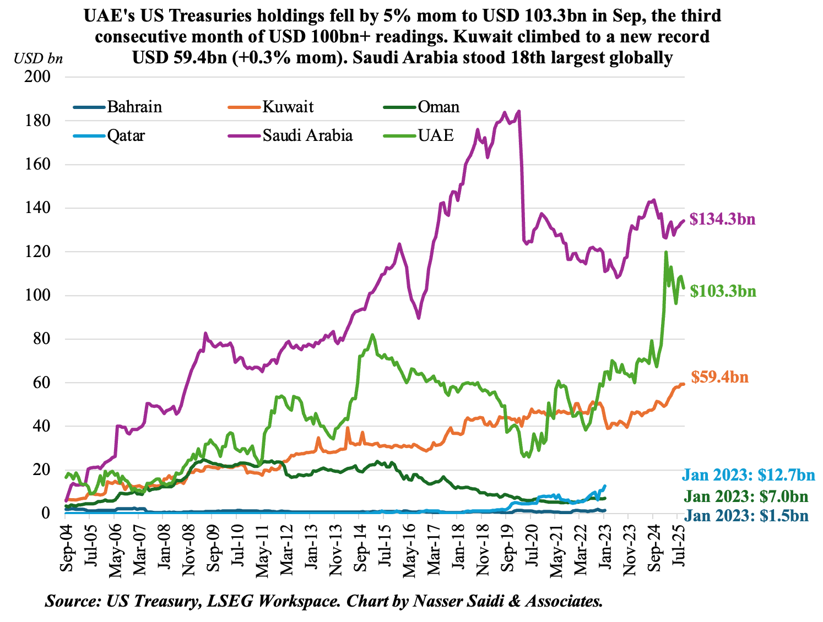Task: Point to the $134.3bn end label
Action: click(723, 220)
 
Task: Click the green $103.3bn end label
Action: click(723, 291)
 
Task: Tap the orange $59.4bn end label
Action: click(719, 378)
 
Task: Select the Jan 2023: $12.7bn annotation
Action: click(748, 475)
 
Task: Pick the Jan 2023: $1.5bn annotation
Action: click(746, 516)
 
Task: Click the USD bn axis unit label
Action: click(38, 58)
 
